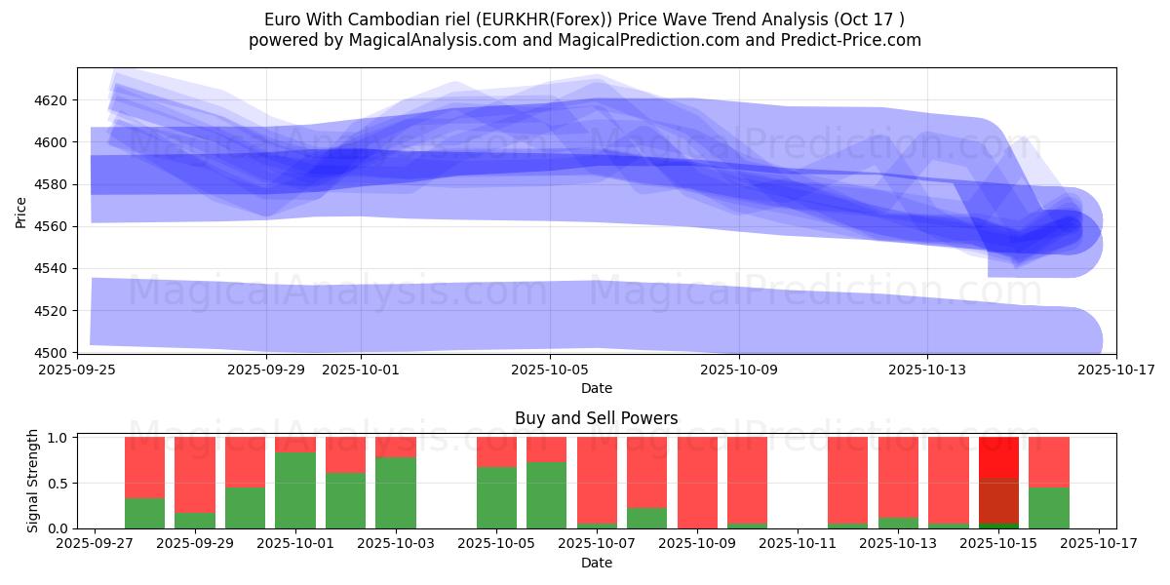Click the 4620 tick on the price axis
52,100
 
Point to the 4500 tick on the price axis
52,353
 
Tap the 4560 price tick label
52,226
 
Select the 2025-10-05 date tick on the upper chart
550,370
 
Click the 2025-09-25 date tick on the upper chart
78,370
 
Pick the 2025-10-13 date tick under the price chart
927,370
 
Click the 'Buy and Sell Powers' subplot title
597,418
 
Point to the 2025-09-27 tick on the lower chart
95,544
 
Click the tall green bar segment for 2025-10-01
295,490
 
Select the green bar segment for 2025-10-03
396,492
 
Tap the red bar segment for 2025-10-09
697,482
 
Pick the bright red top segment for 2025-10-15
998,456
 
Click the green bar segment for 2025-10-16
1049,507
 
